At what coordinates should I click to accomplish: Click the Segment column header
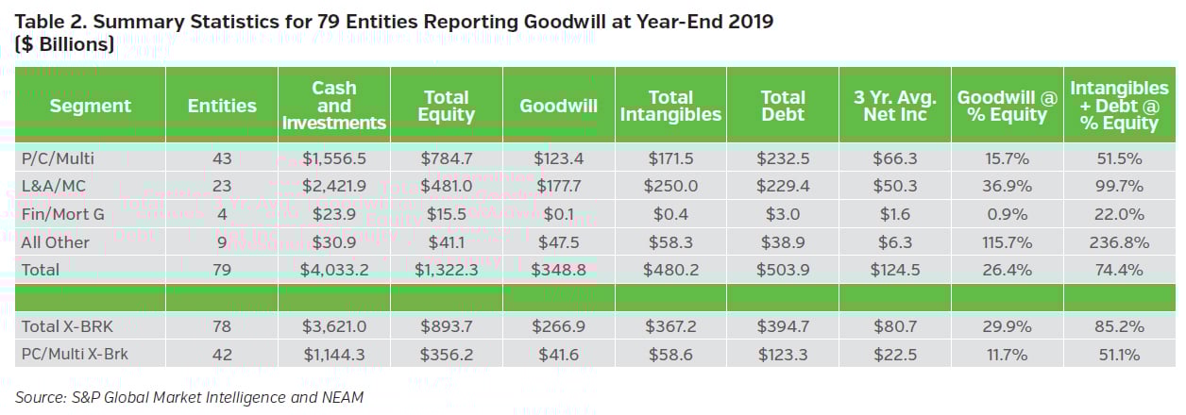coord(91,106)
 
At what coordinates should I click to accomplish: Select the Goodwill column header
coord(558,106)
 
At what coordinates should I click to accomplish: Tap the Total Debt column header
coord(783,106)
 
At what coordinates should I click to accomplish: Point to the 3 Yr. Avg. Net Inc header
coord(894,106)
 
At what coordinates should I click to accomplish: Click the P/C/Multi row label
coord(59,158)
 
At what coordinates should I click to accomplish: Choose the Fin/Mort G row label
coord(62,214)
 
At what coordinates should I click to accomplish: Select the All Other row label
coord(56,242)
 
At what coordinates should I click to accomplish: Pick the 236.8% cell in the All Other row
coord(1120,242)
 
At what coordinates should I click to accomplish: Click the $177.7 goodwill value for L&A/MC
coord(558,187)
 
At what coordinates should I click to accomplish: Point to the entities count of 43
coord(223,158)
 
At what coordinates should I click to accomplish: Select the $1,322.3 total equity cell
coord(446,270)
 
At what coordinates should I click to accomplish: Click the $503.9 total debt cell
coord(783,270)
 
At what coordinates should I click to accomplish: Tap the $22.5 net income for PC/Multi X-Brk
coord(894,356)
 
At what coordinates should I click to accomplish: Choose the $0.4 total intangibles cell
coord(670,214)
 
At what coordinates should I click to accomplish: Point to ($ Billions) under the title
coord(65,44)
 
